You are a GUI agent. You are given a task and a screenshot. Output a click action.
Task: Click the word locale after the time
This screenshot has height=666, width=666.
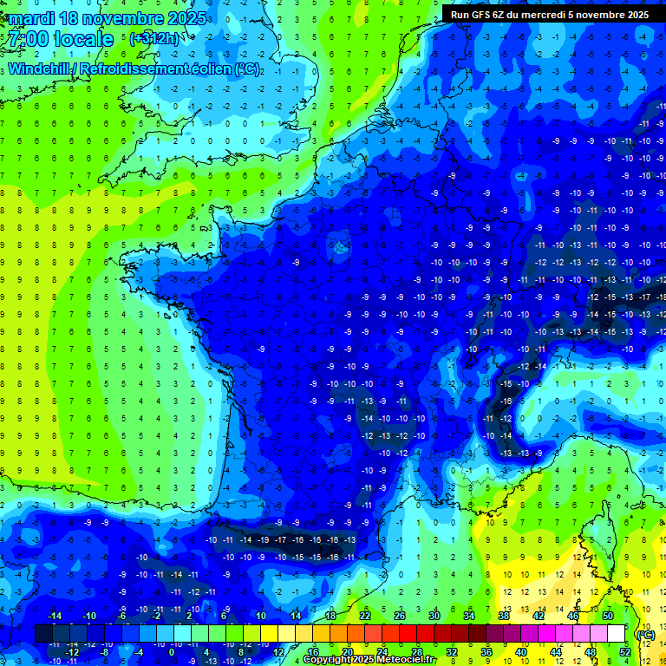[83, 39]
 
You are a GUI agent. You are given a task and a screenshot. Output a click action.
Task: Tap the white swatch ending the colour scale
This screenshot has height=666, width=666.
[616, 634]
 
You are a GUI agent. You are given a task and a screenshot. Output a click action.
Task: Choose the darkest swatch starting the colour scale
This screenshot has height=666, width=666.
[42, 634]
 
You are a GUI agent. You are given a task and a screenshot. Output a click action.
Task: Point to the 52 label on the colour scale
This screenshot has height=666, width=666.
[624, 651]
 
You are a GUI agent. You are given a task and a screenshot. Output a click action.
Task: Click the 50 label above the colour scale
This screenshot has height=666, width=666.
[607, 616]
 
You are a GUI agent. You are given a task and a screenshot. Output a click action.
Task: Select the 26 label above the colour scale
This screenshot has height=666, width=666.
[400, 616]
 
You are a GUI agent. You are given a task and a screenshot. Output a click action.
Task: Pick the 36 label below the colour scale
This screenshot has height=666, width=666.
[486, 651]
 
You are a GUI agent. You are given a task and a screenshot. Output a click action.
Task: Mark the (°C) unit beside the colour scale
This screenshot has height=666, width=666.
[645, 634]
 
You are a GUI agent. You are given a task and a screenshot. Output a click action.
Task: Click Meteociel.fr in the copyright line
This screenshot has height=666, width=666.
[408, 660]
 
